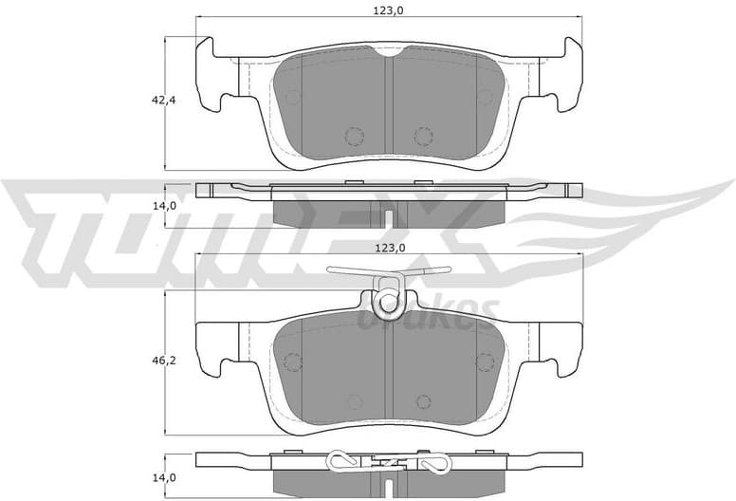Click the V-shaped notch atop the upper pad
[388, 53]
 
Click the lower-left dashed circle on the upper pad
[354, 137]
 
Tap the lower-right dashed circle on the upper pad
[423, 137]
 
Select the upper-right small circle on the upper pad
[485, 97]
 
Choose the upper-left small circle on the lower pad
[292, 362]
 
